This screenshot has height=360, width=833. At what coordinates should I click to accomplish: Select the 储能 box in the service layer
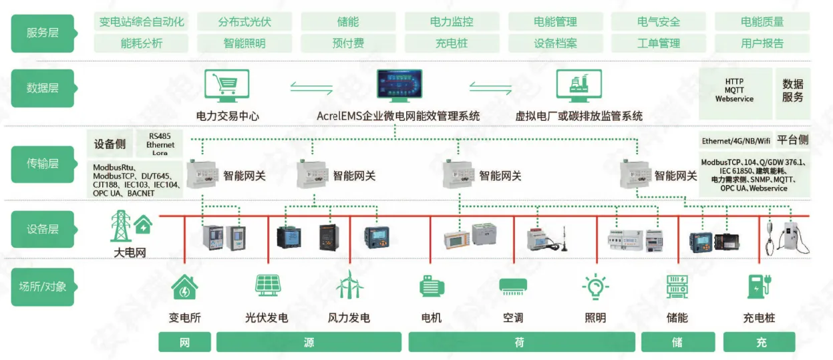click(x=348, y=21)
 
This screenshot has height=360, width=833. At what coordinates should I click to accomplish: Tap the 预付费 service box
click(x=348, y=43)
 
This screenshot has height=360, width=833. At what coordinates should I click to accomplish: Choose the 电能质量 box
click(x=762, y=21)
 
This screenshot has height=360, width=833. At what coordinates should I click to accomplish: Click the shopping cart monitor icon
click(x=227, y=85)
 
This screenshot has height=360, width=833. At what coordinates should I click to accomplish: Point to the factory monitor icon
click(x=578, y=85)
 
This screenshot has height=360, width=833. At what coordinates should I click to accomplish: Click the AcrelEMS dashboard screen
click(x=399, y=85)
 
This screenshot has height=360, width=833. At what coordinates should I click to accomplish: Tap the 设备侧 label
click(x=110, y=144)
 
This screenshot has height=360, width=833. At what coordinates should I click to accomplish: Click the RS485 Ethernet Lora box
click(x=160, y=144)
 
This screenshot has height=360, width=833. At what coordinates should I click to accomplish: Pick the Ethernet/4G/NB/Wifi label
click(x=735, y=141)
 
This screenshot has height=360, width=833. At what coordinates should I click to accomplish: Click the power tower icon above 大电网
click(x=121, y=226)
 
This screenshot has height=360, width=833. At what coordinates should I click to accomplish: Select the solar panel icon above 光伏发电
click(x=267, y=285)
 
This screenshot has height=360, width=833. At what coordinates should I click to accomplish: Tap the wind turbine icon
click(x=349, y=285)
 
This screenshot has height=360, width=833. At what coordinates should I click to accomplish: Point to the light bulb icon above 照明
click(x=596, y=287)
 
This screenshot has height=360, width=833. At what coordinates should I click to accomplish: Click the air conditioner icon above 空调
click(x=513, y=287)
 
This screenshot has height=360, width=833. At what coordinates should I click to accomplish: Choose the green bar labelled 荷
click(x=521, y=342)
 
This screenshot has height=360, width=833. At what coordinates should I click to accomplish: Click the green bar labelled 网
click(x=184, y=342)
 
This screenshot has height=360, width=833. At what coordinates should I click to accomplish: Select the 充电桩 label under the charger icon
click(x=759, y=318)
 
